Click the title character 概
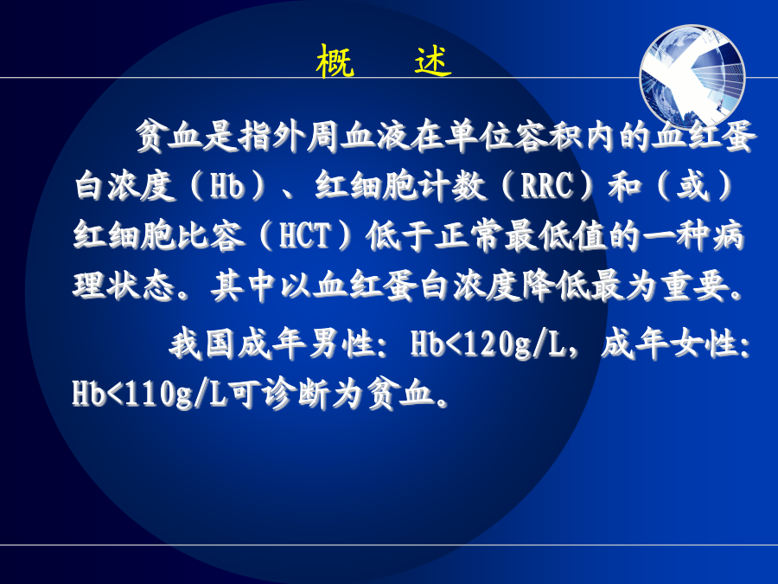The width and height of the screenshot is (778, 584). point(335,61)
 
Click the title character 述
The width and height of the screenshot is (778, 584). point(433,61)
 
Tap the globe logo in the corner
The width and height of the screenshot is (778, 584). point(692,76)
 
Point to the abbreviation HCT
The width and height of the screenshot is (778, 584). point(304,235)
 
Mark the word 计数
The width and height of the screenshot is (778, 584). point(450,186)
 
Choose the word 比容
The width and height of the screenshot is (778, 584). point(209,235)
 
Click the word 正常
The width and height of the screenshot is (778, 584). point(469,235)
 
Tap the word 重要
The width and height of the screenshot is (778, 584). point(695,286)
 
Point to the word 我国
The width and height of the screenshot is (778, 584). point(202,343)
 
